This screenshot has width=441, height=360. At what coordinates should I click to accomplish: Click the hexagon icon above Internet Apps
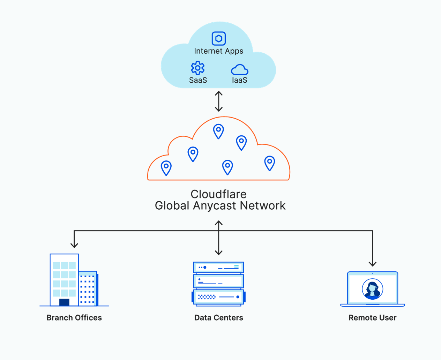[x=219, y=38]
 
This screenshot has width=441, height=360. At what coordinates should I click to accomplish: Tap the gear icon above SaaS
[x=198, y=68]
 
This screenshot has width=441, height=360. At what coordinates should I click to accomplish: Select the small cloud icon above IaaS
[x=240, y=70]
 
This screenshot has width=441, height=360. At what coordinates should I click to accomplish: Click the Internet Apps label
[x=218, y=51]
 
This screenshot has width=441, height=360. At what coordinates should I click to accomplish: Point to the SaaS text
[x=198, y=80]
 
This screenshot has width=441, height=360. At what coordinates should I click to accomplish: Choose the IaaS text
[x=240, y=80]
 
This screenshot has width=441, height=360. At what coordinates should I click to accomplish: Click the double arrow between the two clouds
[x=219, y=101]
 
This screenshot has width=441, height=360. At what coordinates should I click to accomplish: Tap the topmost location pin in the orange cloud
[x=218, y=131]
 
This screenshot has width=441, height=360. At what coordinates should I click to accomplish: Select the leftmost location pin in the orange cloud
[x=166, y=167]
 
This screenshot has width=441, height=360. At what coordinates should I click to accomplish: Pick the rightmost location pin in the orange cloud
[x=269, y=163]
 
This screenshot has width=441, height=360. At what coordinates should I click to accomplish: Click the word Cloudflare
[x=218, y=194]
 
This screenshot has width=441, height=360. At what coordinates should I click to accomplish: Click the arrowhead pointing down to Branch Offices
[x=74, y=244]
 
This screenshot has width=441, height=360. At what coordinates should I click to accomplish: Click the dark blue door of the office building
[x=64, y=302]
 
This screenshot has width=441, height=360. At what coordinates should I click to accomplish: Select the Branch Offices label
[x=74, y=318]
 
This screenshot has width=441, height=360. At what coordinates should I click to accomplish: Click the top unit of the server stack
[x=218, y=268]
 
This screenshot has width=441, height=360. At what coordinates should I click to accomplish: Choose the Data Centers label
[x=218, y=318]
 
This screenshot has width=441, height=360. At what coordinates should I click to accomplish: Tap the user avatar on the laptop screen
[x=373, y=289]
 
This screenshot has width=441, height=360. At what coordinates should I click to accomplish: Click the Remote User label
[x=372, y=318]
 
